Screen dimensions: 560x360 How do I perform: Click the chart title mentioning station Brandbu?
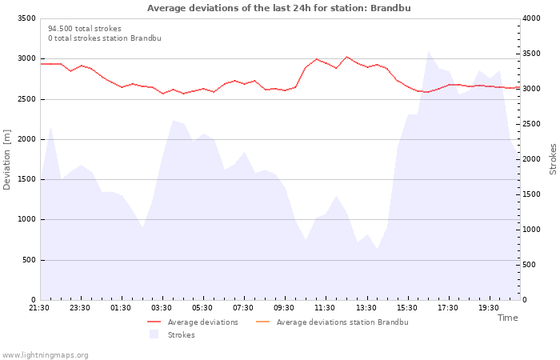tap(278, 8)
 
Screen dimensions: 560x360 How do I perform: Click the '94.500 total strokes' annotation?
tap(85, 29)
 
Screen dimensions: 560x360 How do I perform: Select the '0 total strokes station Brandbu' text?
tap(105, 38)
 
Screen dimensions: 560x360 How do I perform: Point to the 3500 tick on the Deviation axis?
tap(26, 18)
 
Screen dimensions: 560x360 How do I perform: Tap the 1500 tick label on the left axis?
tap(26, 179)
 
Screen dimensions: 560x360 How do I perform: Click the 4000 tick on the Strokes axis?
tap(531, 18)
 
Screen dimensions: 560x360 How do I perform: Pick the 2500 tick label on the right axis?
tap(531, 124)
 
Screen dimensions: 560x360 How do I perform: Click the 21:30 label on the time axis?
tap(39, 308)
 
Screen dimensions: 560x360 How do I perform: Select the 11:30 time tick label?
tap(325, 308)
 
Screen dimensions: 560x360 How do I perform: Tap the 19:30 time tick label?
tap(488, 308)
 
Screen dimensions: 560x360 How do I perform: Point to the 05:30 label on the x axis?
tap(202, 308)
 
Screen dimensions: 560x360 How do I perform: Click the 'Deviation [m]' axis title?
tap(6, 160)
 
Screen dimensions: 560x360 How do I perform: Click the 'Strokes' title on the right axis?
tap(553, 159)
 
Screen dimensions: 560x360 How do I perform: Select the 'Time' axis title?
tap(507, 318)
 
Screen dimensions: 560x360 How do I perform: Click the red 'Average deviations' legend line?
tap(154, 322)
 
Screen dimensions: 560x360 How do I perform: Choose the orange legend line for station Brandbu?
tap(263, 322)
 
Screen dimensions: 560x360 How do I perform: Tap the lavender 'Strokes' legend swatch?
tap(154, 334)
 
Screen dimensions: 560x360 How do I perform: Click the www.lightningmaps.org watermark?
tap(45, 355)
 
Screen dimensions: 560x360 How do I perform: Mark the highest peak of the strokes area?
tap(428, 51)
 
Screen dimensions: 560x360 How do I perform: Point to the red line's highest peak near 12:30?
tap(346, 57)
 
